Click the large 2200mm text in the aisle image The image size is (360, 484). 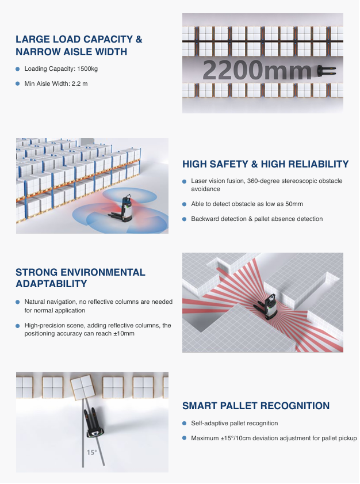click(257, 70)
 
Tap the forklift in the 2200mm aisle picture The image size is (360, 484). click(326, 70)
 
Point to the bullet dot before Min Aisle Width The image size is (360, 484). click(18, 83)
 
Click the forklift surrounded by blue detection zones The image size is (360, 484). click(122, 208)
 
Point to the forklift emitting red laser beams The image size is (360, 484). click(266, 306)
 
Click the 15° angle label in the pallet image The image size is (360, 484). click(91, 452)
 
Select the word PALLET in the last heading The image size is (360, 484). click(240, 406)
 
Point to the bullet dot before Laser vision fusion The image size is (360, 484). click(184, 181)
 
